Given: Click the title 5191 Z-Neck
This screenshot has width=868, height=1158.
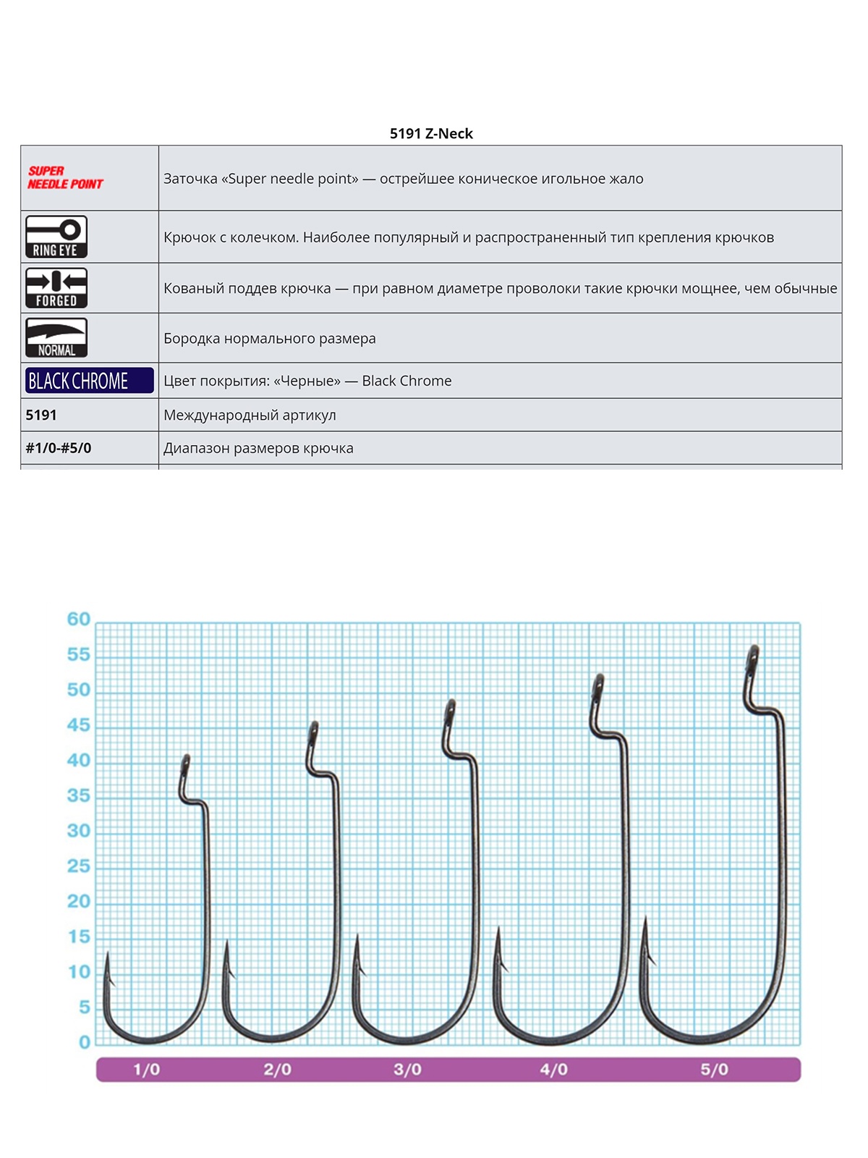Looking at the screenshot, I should tap(431, 133).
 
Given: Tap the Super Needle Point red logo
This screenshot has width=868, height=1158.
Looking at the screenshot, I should tap(65, 177).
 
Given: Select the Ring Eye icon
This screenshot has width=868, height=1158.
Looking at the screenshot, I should tap(56, 237).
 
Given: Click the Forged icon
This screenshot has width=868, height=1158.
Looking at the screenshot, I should tap(56, 288).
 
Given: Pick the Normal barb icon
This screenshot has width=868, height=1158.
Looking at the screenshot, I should tap(56, 338).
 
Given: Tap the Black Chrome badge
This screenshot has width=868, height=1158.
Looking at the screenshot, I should tap(89, 381).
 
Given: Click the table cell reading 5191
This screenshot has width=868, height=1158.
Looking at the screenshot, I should tap(41, 415).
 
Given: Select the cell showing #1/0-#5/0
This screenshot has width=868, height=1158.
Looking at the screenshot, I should tap(59, 448).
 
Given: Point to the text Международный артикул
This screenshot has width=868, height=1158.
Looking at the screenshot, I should tap(250, 415).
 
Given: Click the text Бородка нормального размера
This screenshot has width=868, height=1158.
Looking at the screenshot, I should tap(269, 338).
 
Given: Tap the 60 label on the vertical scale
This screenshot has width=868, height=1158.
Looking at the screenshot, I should tap(78, 620).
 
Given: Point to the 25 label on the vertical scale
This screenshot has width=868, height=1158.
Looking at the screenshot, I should tap(78, 866).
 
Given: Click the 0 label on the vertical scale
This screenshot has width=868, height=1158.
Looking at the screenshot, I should tap(85, 1042).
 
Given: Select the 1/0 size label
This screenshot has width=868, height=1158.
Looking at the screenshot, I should tap(146, 1070).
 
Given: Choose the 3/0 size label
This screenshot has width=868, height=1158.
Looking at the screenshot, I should tap(407, 1070).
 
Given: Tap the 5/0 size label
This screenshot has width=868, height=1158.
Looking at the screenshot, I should tap(714, 1070).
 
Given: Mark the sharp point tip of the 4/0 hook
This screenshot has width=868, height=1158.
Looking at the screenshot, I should tap(498, 929).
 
